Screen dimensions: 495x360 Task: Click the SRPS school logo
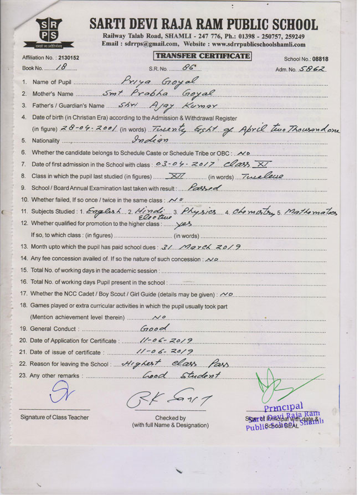pos(50,33)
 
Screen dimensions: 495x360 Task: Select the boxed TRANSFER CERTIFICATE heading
pos(202,56)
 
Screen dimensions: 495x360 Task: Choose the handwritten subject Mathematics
pos(312,211)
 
